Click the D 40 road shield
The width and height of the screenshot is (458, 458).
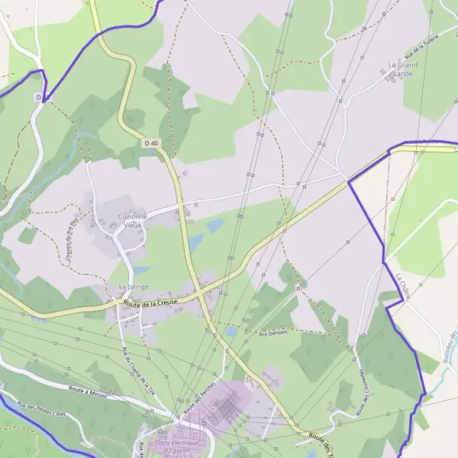click(150, 143)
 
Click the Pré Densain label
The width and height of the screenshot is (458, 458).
click(273, 333)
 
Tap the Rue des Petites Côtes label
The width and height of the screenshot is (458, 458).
click(42, 411)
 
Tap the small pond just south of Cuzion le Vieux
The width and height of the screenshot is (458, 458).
click(141, 269)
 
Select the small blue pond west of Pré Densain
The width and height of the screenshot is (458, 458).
click(231, 332)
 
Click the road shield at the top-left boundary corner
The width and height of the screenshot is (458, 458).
click(38, 97)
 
